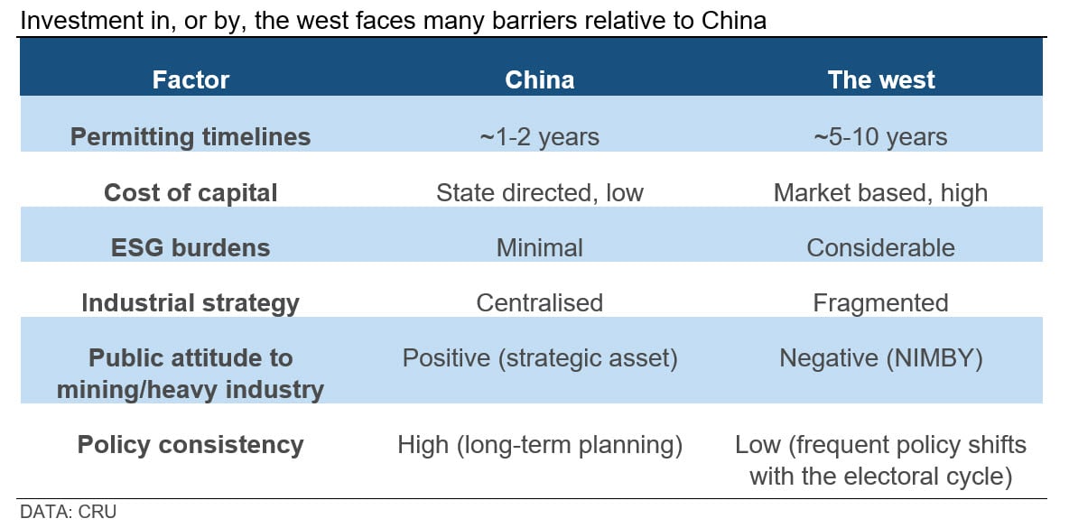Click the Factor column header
click(x=191, y=79)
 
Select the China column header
click(x=539, y=79)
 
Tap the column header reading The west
click(x=881, y=79)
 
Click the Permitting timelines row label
click(x=191, y=136)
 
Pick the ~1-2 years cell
click(x=539, y=136)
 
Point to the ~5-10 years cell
click(x=881, y=136)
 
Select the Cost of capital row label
click(x=191, y=192)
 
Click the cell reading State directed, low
click(x=539, y=192)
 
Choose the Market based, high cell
click(x=881, y=192)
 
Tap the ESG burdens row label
click(x=191, y=247)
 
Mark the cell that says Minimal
click(x=539, y=247)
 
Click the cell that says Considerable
click(x=881, y=247)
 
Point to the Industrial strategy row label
click(x=191, y=302)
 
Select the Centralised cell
click(x=539, y=302)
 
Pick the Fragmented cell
click(x=881, y=302)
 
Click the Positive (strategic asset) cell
click(x=539, y=358)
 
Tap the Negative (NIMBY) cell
click(x=881, y=358)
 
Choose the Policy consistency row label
click(x=191, y=445)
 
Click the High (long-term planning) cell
click(x=539, y=445)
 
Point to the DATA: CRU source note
click(x=69, y=512)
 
